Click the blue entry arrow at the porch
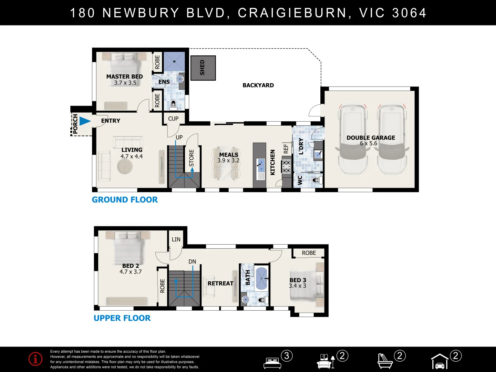pos(85,121)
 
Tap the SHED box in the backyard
pos(203,68)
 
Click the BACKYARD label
pos(258,85)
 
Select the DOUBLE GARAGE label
pos(371,137)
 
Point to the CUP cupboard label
pos(173,118)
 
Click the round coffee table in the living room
pos(125,167)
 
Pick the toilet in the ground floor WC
pos(317,180)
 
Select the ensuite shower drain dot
pos(174,61)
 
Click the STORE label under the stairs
pos(192,158)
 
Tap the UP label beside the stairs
pos(179,137)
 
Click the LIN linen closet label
pos(176,239)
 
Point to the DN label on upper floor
pos(192,261)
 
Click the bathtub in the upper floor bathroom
pos(261,279)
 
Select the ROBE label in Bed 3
pos(309,253)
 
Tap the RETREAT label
pos(220,283)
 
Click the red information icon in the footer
pos(35,359)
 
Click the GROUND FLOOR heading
pos(125,200)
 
